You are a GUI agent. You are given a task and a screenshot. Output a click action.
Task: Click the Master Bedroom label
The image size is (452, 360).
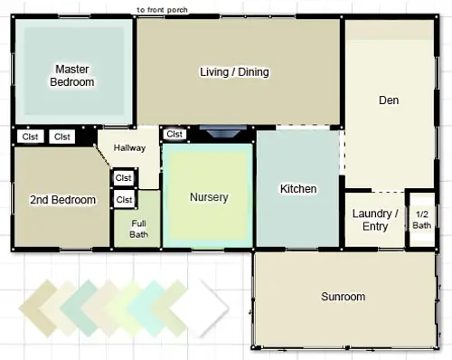tap(72, 76)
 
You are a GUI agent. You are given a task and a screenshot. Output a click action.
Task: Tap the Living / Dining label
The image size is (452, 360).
tap(234, 72)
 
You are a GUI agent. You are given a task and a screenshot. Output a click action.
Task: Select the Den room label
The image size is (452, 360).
tap(389, 100)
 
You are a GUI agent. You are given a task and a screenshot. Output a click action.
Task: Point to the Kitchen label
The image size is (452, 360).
tap(298, 189)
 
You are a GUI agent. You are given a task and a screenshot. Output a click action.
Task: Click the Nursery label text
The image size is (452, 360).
tap(209, 197)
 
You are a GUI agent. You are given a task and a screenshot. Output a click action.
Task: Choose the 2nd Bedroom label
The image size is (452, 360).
tap(62, 200)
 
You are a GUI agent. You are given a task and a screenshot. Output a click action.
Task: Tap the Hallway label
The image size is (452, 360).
tap(129, 147)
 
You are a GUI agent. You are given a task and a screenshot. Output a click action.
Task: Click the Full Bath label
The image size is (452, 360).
tap(138, 229)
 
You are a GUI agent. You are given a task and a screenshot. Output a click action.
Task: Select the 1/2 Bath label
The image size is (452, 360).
tap(421, 220)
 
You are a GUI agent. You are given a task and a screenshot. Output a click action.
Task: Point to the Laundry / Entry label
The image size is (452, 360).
tap(375, 220)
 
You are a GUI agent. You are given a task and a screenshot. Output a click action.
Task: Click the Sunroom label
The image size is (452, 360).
tap(343, 297)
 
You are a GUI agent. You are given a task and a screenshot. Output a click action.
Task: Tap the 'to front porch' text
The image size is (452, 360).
tap(162, 10)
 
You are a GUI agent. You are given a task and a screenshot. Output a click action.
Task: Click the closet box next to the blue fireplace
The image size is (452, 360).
tap(174, 134)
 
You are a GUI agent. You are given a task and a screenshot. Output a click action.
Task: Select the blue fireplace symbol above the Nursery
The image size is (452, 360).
tap(223, 131)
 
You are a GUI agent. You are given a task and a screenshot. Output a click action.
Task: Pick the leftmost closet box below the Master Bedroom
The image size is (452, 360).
tap(31, 137)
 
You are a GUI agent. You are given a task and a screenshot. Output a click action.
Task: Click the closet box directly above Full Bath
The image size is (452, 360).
tap(124, 199)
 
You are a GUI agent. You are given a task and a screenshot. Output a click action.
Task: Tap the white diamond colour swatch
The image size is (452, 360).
tap(199, 308)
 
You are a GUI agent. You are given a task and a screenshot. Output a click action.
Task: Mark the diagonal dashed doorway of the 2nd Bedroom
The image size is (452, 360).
tap(102, 156)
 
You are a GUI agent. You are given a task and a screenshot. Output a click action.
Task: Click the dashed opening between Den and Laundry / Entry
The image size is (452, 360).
tap(388, 192)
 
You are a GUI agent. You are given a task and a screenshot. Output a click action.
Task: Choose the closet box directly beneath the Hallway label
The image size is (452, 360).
tap(124, 178)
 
